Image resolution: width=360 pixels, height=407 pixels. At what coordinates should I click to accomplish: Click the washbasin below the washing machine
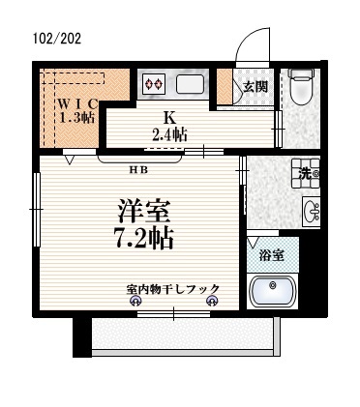tap(310, 210)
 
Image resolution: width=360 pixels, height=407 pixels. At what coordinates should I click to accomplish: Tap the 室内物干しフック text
tap(172, 288)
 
